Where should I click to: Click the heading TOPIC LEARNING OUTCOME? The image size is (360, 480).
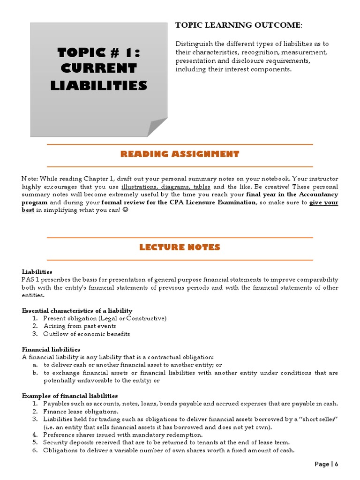point(238,25)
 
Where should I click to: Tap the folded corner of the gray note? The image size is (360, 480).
point(157,127)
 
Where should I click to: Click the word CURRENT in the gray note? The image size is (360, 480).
point(98,68)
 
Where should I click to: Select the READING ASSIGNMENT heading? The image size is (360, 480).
point(180,154)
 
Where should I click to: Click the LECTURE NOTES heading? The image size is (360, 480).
point(180,247)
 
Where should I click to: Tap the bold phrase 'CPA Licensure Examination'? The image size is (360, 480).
point(210,202)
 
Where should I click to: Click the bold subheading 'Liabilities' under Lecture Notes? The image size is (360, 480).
point(37,271)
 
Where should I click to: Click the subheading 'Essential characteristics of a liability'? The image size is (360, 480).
point(77,310)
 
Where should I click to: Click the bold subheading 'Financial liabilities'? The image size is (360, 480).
point(51,349)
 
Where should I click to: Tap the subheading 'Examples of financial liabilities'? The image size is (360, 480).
point(70,396)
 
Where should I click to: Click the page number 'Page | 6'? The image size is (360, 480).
point(326,464)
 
